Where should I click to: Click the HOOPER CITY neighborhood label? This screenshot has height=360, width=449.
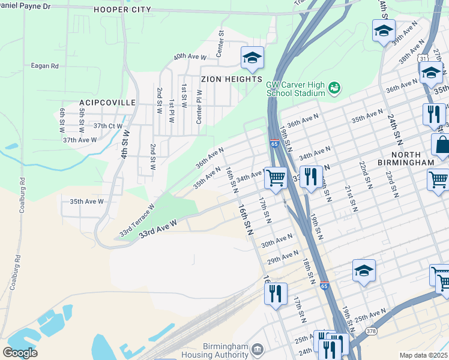click(x=122, y=10)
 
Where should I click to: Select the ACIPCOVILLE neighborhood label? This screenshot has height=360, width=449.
click(x=107, y=103)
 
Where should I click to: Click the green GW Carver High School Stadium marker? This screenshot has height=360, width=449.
click(x=334, y=89)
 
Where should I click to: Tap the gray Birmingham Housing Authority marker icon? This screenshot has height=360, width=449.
click(x=258, y=349)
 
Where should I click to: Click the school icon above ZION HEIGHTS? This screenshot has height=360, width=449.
click(x=253, y=58)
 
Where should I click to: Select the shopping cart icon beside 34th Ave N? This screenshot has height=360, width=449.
click(x=276, y=177)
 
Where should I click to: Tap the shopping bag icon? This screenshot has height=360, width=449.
click(x=442, y=145)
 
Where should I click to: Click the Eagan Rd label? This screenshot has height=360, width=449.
click(x=46, y=65)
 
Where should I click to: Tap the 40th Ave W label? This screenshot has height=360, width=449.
click(x=190, y=57)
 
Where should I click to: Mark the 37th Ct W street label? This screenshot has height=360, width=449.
click(x=108, y=126)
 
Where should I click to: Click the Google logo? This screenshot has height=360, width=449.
click(x=20, y=353)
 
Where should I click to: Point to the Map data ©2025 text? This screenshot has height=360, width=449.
click(x=423, y=355)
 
